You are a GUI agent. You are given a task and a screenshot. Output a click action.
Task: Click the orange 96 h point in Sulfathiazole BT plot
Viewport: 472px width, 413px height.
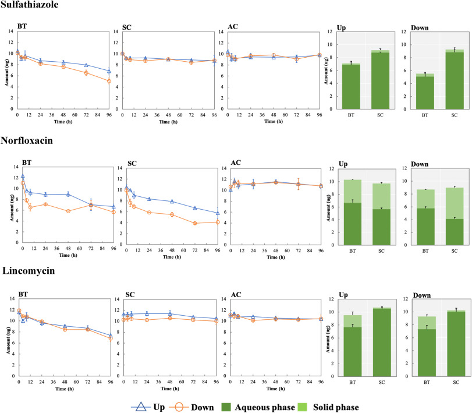click(109, 81)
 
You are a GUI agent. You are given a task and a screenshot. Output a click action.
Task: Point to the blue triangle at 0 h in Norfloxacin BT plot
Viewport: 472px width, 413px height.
click(23, 176)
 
